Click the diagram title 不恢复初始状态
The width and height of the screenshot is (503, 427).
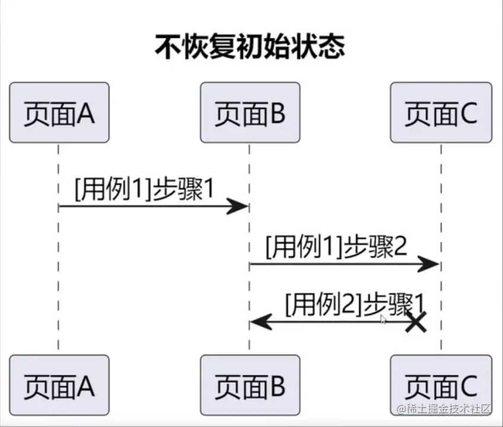pyautogui.click(x=249, y=47)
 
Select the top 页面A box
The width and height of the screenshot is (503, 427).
pyautogui.click(x=59, y=113)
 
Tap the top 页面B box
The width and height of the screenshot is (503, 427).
pyautogui.click(x=249, y=113)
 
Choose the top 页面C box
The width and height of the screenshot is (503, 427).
pyautogui.click(x=441, y=113)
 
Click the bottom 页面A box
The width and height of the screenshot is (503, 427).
pyautogui.click(x=59, y=385)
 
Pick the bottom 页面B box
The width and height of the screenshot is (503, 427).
pyautogui.click(x=249, y=385)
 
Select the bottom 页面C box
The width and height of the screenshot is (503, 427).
pyautogui.click(x=441, y=385)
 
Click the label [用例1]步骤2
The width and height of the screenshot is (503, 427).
pyautogui.click(x=336, y=247)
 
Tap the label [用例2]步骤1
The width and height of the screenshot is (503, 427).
pyautogui.click(x=354, y=304)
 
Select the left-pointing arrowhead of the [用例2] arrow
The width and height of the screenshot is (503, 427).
pyautogui.click(x=259, y=322)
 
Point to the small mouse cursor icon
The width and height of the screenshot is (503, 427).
pyautogui.click(x=383, y=319)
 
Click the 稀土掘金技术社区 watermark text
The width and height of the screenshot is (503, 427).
pyautogui.click(x=445, y=409)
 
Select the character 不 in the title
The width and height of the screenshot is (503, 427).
pyautogui.click(x=166, y=47)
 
